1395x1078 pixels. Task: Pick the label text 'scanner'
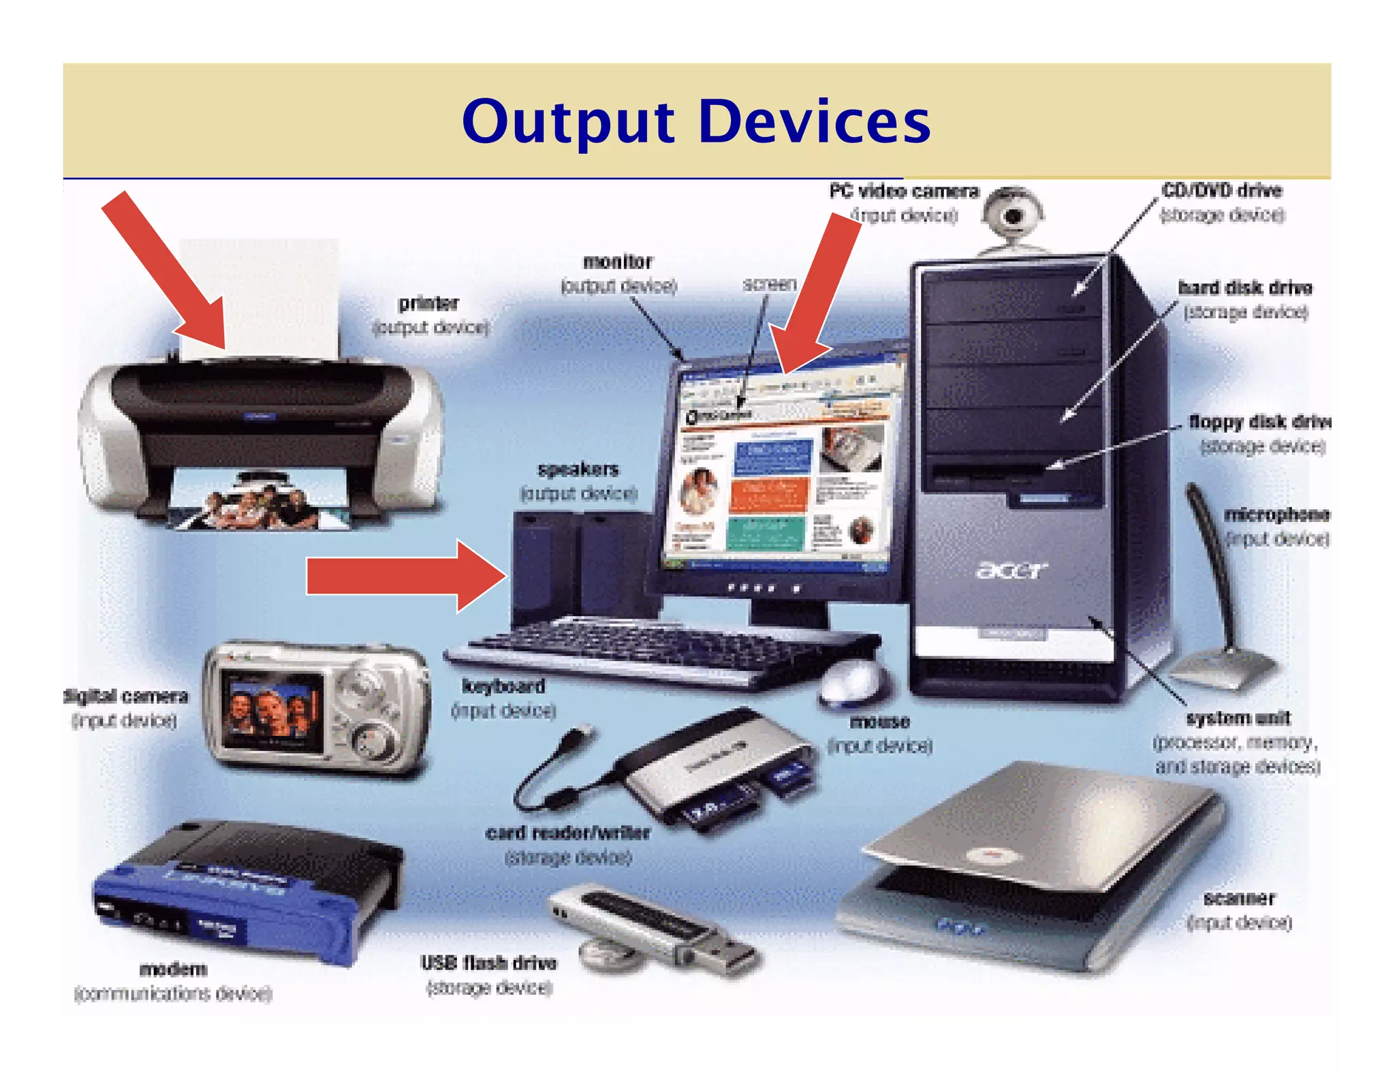(x=1238, y=898)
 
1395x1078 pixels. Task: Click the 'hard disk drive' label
(x=1244, y=288)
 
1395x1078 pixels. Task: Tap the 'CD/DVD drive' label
(x=1221, y=191)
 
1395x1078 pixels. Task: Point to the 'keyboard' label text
(x=503, y=686)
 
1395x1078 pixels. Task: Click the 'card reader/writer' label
(x=567, y=833)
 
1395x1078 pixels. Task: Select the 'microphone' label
(x=1276, y=514)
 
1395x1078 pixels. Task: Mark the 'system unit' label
(x=1238, y=718)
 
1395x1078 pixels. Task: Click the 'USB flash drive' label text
(x=488, y=963)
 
